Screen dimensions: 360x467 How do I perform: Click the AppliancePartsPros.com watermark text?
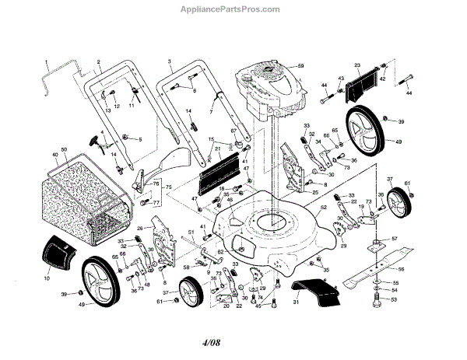[x=233, y=9]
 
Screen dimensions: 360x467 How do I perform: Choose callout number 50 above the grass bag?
[x=64, y=149]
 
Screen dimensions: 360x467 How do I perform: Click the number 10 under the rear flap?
[x=46, y=278]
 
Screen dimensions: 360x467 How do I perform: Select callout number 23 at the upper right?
[x=356, y=65]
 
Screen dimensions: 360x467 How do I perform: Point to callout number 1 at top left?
[x=46, y=61]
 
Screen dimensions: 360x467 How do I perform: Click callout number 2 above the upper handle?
[x=100, y=61]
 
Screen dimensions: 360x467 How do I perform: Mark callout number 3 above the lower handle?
[x=169, y=60]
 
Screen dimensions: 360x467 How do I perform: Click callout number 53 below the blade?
[x=393, y=299]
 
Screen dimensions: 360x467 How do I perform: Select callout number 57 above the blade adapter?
[x=395, y=238]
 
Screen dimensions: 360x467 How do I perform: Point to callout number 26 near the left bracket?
[x=139, y=228]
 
